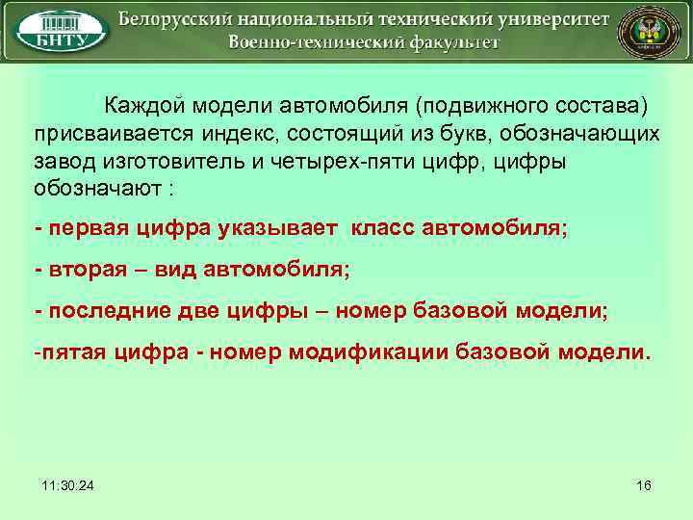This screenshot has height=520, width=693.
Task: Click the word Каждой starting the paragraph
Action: [x=146, y=103]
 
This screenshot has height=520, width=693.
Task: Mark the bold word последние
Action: [x=106, y=311]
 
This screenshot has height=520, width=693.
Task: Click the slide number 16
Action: [x=644, y=485]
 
